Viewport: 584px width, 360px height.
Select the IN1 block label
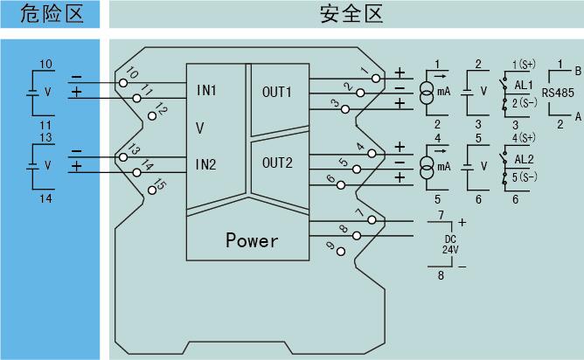[206, 90]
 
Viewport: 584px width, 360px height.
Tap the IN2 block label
[206, 164]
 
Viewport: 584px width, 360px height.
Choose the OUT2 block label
[277, 163]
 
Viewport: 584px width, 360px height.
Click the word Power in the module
[252, 240]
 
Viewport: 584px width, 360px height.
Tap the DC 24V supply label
[449, 244]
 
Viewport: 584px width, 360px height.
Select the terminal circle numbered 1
[377, 78]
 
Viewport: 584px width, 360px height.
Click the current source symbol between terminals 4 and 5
[428, 166]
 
